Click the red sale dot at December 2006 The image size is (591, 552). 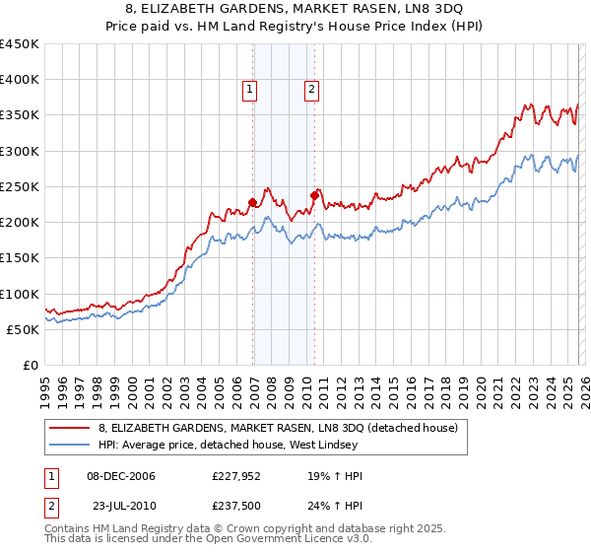pos(253,203)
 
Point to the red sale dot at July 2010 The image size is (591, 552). pos(315,195)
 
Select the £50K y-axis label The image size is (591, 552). pos(24,329)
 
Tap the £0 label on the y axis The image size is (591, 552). pos(30,365)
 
